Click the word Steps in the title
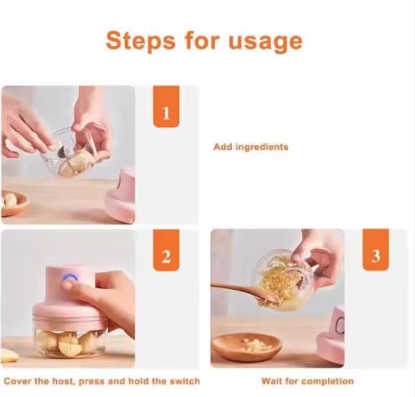pyautogui.click(x=141, y=41)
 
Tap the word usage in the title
pyautogui.click(x=265, y=42)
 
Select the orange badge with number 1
pyautogui.click(x=166, y=106)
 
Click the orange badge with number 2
pyautogui.click(x=166, y=250)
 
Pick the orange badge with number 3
pyautogui.click(x=376, y=250)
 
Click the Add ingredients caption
pyautogui.click(x=251, y=147)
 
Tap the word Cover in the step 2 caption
pyautogui.click(x=18, y=381)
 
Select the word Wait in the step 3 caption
pyautogui.click(x=271, y=381)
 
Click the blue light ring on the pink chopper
pyautogui.click(x=69, y=277)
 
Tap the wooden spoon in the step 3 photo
pyautogui.click(x=244, y=293)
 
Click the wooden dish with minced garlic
pyautogui.click(x=247, y=347)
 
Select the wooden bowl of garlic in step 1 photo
pyautogui.click(x=14, y=203)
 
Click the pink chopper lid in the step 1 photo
pyautogui.click(x=120, y=195)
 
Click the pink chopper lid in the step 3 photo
pyautogui.click(x=331, y=334)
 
